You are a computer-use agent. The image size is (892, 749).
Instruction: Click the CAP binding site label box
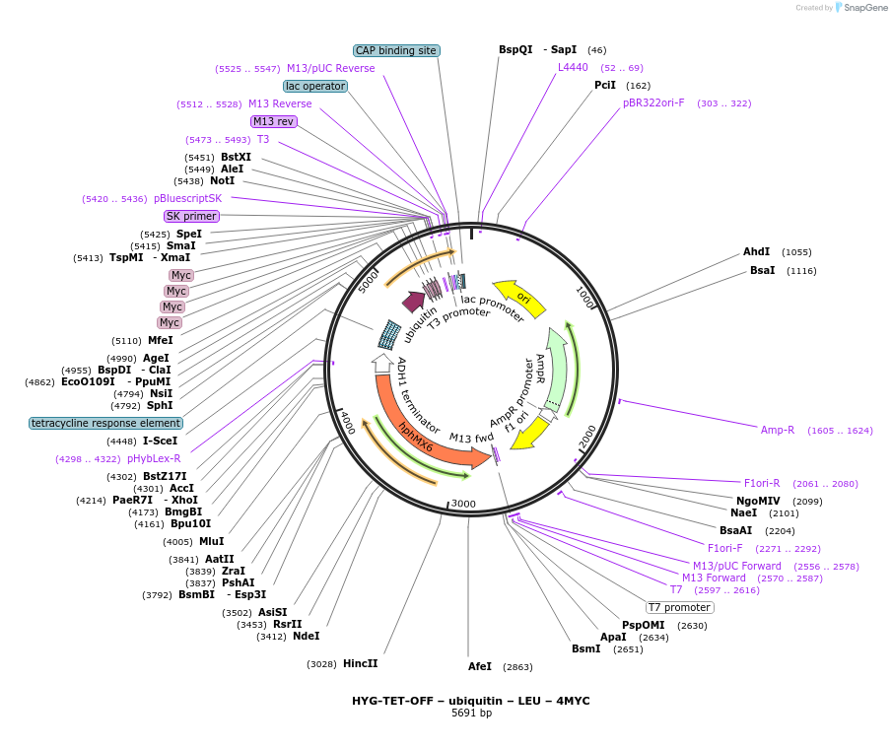(396, 50)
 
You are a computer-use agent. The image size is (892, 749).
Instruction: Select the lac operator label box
(315, 86)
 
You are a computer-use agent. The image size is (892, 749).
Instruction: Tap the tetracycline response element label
(105, 423)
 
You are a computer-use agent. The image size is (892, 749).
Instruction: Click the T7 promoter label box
(680, 607)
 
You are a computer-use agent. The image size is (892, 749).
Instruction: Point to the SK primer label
(191, 216)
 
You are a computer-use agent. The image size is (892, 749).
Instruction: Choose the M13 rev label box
(273, 121)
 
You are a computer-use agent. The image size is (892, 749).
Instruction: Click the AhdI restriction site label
(757, 252)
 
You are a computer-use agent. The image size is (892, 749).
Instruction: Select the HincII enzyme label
(360, 663)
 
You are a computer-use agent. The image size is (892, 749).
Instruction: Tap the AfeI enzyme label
(479, 666)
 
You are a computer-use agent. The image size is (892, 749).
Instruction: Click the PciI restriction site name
(605, 86)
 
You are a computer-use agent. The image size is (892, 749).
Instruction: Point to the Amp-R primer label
(778, 430)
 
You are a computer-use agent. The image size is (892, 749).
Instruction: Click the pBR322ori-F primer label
(653, 102)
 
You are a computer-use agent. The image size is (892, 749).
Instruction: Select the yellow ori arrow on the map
(519, 297)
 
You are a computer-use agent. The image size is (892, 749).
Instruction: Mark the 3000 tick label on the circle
(463, 504)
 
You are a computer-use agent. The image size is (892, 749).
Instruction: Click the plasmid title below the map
(470, 701)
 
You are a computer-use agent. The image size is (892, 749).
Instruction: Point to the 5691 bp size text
(471, 713)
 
